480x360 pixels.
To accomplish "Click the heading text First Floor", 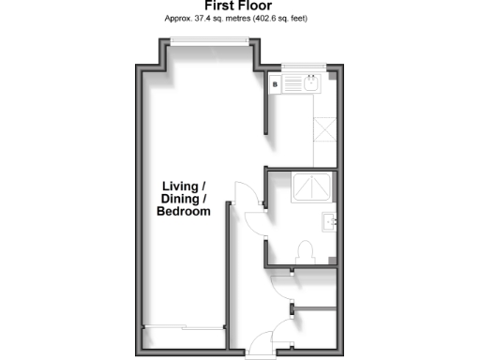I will (239, 6).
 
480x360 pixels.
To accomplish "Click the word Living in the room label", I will (180, 186).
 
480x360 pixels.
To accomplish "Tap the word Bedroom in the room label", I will (183, 212).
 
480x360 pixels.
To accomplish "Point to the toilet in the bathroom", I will (303, 251).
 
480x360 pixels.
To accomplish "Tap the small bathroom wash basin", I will (328, 223).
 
